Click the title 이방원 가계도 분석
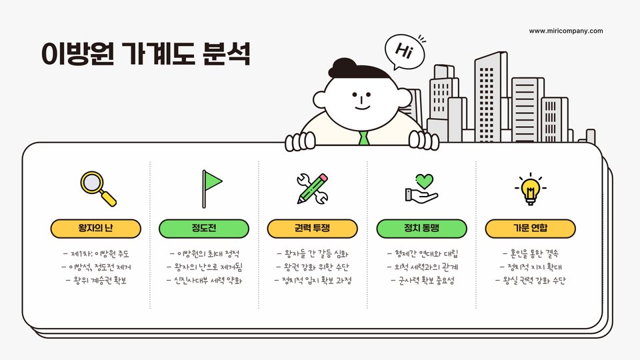click(x=145, y=53)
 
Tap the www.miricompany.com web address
click(x=565, y=31)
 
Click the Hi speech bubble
click(x=404, y=50)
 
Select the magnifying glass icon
click(x=97, y=188)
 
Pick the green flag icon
click(x=211, y=187)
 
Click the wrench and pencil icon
click(x=312, y=188)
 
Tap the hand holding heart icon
click(x=421, y=188)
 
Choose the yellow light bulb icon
click(x=530, y=188)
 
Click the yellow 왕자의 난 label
click(x=96, y=229)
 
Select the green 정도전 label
click(x=204, y=229)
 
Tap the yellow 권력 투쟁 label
click(x=313, y=229)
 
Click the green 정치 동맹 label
click(x=421, y=229)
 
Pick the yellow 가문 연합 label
click(x=530, y=229)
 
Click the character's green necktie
click(x=363, y=138)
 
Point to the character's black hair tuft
click(x=353, y=67)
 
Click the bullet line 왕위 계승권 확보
click(x=96, y=280)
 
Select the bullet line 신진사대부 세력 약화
click(x=204, y=280)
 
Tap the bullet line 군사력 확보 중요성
click(x=421, y=280)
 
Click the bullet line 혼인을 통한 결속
click(x=530, y=253)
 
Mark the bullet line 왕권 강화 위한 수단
click(x=313, y=267)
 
